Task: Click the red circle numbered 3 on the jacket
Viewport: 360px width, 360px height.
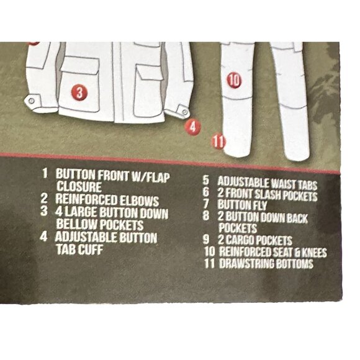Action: tap(79, 92)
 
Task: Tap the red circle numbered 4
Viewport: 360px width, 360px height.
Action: tap(193, 127)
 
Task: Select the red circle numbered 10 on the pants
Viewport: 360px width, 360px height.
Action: tap(234, 80)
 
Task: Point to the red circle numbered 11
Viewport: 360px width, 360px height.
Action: tap(218, 141)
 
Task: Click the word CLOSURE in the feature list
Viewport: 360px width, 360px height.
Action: tap(79, 186)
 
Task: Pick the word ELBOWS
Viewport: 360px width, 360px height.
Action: tap(140, 201)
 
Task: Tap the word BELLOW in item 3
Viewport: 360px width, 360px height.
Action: tap(77, 224)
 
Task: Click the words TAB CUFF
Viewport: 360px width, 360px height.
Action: tap(79, 250)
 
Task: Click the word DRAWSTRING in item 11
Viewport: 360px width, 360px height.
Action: tap(246, 264)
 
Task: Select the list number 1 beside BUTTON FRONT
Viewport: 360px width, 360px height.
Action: tap(45, 173)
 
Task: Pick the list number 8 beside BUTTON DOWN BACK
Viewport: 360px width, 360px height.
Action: tap(206, 215)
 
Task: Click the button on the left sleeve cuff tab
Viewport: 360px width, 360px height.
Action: tap(32, 101)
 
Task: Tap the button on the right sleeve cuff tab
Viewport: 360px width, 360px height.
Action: tap(184, 112)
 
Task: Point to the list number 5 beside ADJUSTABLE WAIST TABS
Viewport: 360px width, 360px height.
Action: tap(206, 180)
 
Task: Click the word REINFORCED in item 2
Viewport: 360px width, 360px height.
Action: tap(86, 199)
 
